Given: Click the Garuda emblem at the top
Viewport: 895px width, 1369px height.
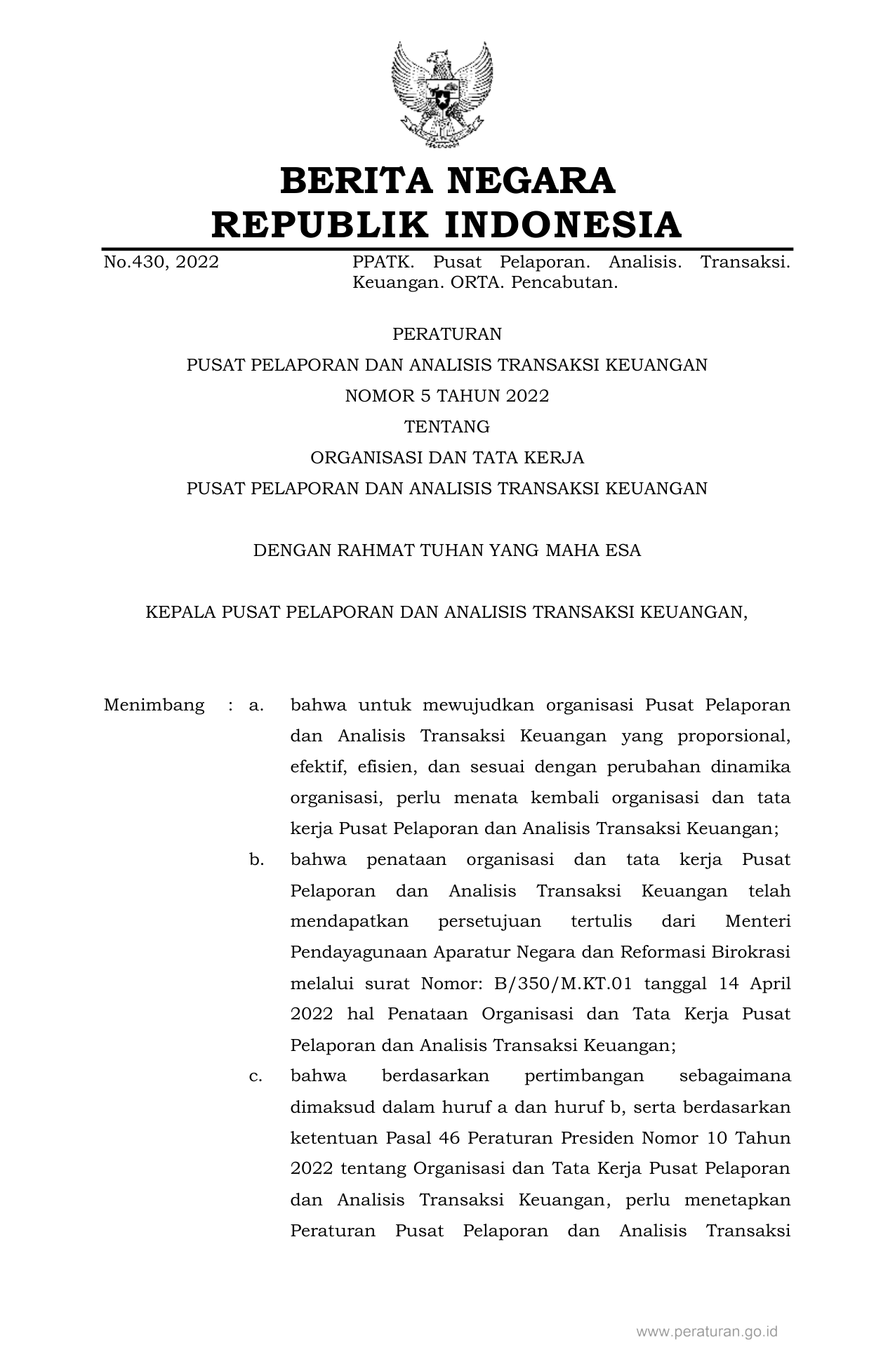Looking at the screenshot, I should [x=442, y=95].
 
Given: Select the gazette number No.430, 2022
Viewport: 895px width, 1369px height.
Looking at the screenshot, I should [x=161, y=263].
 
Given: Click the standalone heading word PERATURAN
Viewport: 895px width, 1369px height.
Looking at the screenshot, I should [x=447, y=334].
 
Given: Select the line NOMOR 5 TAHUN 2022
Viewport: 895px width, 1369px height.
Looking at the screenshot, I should [x=447, y=396].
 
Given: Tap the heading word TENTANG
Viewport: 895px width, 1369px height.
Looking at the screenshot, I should [x=447, y=427].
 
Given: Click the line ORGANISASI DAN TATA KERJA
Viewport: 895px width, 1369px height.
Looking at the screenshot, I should [x=447, y=458].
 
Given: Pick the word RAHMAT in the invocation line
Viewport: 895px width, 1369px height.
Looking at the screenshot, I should [x=376, y=550].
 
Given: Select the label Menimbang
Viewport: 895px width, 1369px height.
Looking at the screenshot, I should [x=154, y=705].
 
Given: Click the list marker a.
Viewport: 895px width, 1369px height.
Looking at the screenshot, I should [x=256, y=705].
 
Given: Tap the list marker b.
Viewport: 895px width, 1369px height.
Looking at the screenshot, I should [x=256, y=859].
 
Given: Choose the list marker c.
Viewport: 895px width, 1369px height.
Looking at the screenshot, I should [x=256, y=1076].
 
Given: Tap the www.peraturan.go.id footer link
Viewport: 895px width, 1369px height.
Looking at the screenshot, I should [x=707, y=1331].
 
